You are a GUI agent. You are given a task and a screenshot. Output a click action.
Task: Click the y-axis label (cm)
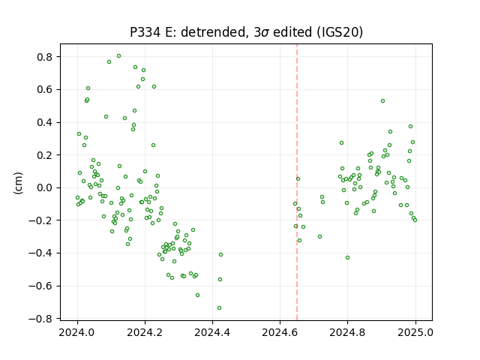click(18, 183)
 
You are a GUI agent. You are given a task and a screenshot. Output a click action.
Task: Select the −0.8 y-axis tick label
click(45, 319)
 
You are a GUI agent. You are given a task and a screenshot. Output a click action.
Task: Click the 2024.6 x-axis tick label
click(280, 332)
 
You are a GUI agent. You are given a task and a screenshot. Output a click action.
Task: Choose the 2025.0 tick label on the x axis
click(415, 332)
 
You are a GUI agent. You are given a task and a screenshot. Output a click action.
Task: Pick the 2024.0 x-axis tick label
click(77, 332)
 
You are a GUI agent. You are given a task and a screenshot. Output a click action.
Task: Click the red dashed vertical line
click(297, 182)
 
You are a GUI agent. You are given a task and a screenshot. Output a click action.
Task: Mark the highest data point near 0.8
click(118, 56)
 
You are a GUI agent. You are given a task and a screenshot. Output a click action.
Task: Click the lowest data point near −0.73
click(219, 308)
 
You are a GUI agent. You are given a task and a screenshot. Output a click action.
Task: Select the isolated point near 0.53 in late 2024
click(382, 101)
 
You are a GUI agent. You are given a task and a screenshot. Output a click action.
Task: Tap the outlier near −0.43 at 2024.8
click(347, 258)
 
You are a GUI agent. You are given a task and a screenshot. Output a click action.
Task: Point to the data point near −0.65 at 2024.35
click(197, 295)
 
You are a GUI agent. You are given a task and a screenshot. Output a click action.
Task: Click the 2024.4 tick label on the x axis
click(212, 332)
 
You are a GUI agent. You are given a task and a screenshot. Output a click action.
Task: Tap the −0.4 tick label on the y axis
click(45, 253)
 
